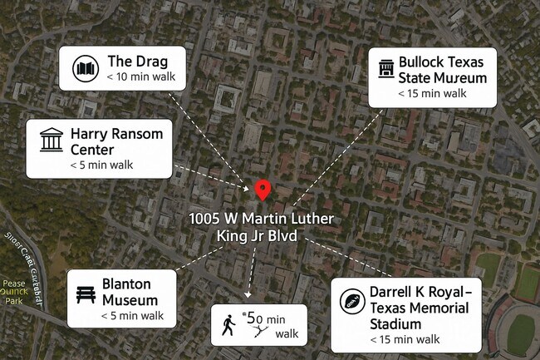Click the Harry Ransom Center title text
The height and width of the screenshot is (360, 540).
pos(116,141)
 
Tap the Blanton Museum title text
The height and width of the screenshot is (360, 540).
pos(130,290)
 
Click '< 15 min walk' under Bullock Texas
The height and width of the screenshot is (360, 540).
pos(432,94)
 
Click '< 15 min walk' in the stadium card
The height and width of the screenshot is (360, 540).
pos(405,339)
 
